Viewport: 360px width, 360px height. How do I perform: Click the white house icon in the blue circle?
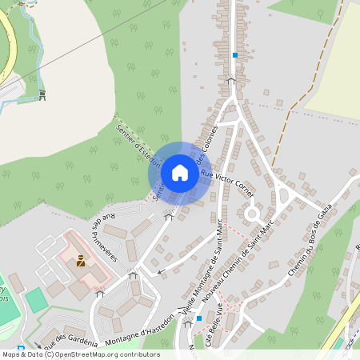[x=180, y=173]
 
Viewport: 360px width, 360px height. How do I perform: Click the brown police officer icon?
[x=81, y=261]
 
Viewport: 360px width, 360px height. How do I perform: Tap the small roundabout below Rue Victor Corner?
[x=252, y=214]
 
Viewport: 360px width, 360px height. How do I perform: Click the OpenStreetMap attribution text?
[x=81, y=354]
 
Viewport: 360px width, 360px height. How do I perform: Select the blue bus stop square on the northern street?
[x=234, y=55]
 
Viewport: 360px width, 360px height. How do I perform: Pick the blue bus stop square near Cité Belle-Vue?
[x=198, y=318]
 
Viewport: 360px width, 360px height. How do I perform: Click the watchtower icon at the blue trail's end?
[x=42, y=95]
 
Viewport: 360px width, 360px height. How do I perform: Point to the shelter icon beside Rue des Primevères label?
[x=168, y=216]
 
